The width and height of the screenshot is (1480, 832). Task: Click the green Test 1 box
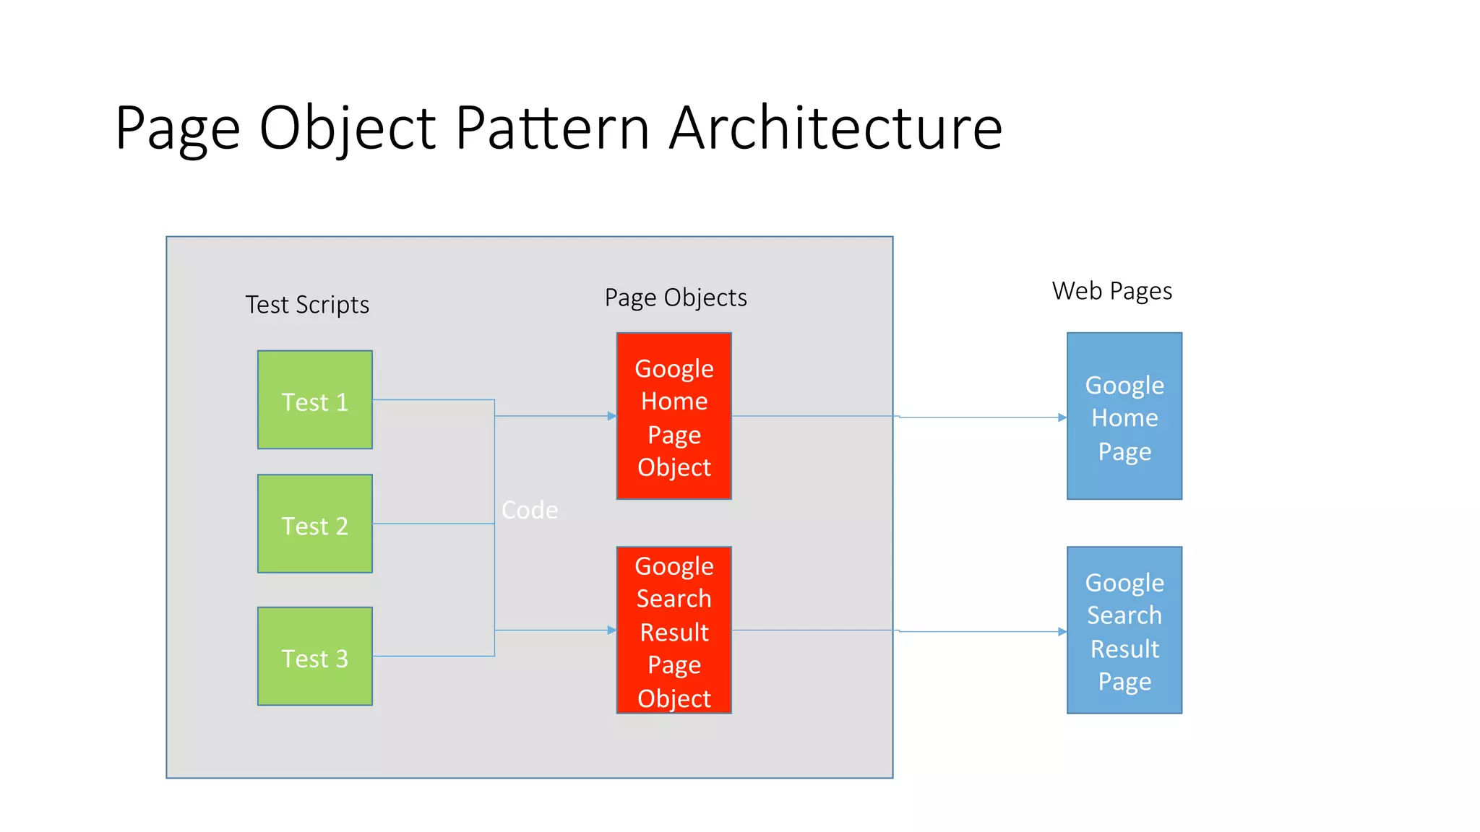315,400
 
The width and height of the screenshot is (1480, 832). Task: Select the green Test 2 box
315,524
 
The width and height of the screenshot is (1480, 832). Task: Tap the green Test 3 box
315,656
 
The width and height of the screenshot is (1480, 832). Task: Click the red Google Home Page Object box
674,416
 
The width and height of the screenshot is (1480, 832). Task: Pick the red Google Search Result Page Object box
674,630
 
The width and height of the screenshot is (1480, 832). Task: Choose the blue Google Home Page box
1124,416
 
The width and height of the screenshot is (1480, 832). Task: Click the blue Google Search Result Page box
1124,630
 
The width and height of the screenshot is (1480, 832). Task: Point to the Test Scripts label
307,305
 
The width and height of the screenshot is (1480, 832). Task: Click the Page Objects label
676,298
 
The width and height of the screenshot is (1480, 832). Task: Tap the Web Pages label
1111,291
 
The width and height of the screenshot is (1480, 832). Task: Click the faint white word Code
530,510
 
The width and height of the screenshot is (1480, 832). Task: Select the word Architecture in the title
835,128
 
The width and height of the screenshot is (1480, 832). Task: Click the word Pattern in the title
553,128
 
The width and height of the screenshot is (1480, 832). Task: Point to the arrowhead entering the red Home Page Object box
611,416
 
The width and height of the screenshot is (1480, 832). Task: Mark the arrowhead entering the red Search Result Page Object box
611,630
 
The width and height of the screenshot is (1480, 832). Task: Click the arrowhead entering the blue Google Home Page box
1062,417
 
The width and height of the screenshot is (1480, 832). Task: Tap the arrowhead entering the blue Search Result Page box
1062,632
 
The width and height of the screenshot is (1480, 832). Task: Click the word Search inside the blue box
1124,615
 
